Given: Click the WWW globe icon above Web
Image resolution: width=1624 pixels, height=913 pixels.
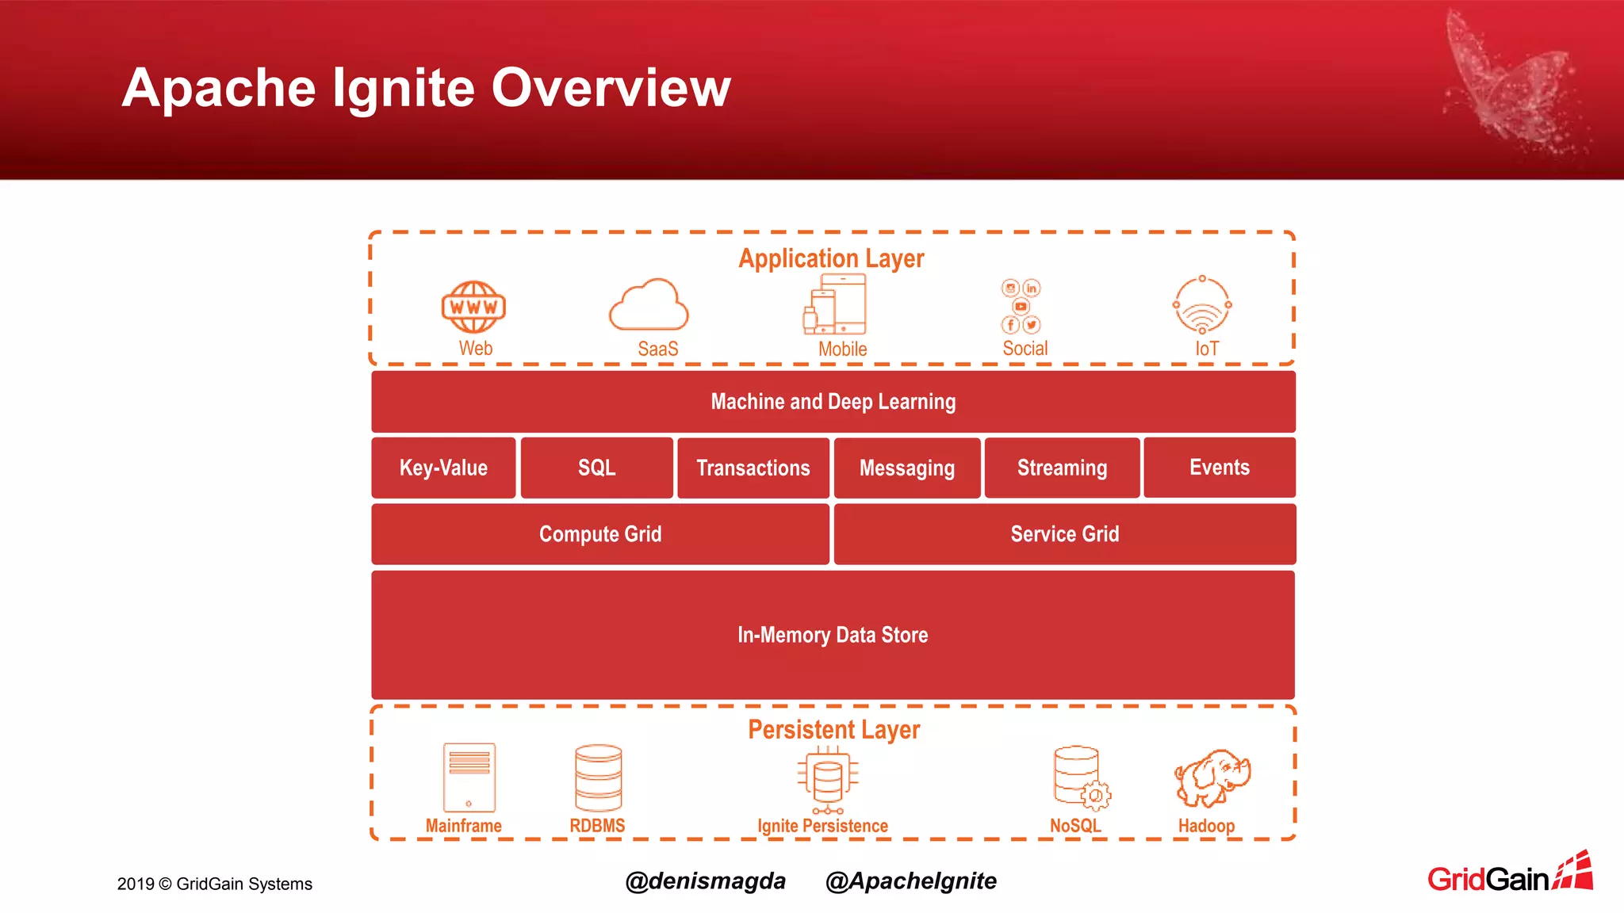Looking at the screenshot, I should tap(473, 307).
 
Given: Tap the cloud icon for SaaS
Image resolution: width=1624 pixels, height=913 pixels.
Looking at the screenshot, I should tap(649, 306).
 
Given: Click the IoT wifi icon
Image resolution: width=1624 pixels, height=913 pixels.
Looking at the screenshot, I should tap(1202, 305).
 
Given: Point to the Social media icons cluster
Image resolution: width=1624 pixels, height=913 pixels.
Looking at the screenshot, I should tap(1021, 306).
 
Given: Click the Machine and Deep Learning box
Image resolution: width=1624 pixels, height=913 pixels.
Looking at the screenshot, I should tap(833, 402).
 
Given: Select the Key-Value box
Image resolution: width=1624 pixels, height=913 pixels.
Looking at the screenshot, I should tap(443, 468).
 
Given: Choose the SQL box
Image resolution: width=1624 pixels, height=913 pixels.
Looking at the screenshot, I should tap(596, 468).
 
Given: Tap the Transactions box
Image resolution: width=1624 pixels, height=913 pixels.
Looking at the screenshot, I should tap(753, 468).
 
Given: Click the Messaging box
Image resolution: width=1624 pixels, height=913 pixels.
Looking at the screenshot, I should tap(906, 468).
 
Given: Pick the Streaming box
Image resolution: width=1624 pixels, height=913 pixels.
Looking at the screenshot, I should tap(1062, 468).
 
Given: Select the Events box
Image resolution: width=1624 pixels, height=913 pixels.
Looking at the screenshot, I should tap(1219, 468).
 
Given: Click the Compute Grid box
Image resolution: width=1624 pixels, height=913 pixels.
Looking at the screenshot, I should tap(600, 534).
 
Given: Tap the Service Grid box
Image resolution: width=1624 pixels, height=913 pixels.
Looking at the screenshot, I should tap(1064, 534).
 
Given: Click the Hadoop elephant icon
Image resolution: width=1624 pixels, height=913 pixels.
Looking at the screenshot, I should tap(1212, 777).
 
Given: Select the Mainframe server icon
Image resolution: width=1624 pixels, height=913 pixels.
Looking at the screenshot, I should tap(469, 777).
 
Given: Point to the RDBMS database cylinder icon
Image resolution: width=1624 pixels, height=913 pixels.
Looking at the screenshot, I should tap(598, 777).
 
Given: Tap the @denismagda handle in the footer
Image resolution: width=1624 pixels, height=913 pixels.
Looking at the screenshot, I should tap(705, 881).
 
